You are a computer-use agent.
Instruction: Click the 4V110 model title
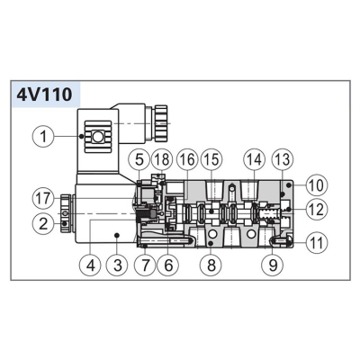(44, 94)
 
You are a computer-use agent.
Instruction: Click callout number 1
(44, 137)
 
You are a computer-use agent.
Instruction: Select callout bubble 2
(44, 223)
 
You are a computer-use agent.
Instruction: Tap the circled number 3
(118, 265)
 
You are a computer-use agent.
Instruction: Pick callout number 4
(91, 265)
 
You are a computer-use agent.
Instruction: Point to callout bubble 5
(139, 160)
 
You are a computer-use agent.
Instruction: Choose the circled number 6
(168, 265)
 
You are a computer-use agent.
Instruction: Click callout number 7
(145, 265)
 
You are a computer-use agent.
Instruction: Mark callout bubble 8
(211, 265)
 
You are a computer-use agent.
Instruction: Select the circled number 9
(273, 265)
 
